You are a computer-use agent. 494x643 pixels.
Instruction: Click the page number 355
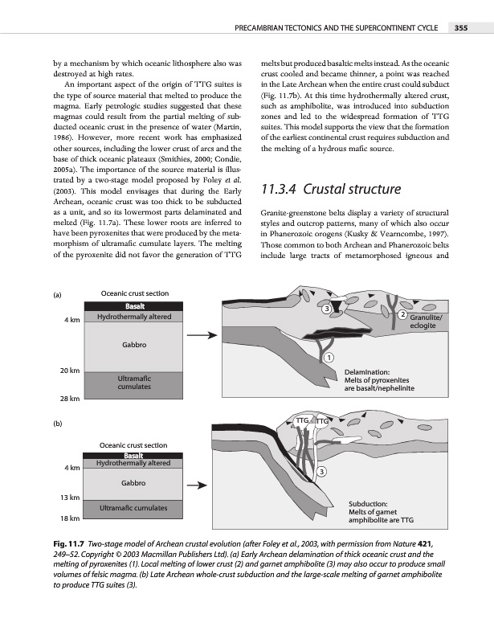pyautogui.click(x=462, y=29)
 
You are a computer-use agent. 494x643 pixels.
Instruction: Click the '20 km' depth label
pyautogui.click(x=69, y=371)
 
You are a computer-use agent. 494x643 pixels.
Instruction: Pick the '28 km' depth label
pyautogui.click(x=69, y=399)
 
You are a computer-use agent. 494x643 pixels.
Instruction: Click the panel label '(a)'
pyautogui.click(x=59, y=295)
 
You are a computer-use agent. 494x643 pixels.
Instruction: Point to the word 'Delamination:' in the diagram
pyautogui.click(x=367, y=372)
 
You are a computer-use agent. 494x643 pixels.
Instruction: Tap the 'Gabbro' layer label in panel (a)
pyautogui.click(x=133, y=345)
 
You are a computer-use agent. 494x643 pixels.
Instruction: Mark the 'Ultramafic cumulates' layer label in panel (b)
pyautogui.click(x=133, y=508)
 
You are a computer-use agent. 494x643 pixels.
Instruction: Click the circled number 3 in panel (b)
pyautogui.click(x=321, y=471)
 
